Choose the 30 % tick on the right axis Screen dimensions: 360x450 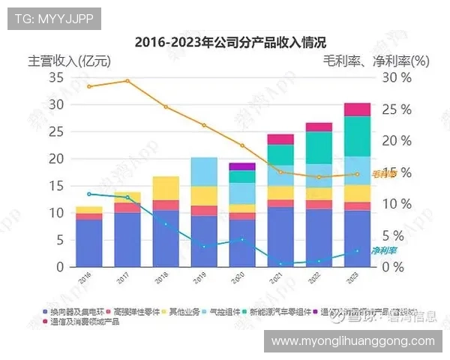(395, 77)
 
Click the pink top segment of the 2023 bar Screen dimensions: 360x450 (357, 109)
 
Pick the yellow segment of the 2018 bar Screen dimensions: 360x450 (166, 188)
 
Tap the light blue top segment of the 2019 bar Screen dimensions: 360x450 (204, 172)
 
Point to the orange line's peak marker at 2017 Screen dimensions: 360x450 (127, 81)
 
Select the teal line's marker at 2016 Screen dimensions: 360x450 (89, 193)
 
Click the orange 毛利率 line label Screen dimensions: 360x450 (383, 173)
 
